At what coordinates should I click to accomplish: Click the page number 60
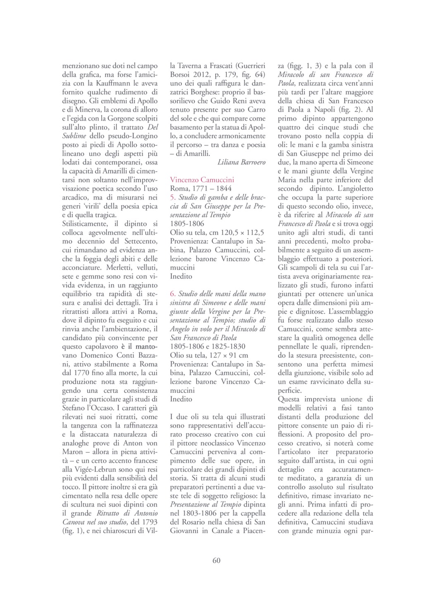[x=216, y=560]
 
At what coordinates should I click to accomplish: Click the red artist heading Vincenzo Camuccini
[x=202, y=180]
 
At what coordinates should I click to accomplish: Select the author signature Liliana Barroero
[x=242, y=162]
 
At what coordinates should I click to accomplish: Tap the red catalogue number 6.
[x=173, y=294]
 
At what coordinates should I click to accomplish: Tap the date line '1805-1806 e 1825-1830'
[x=208, y=347]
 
